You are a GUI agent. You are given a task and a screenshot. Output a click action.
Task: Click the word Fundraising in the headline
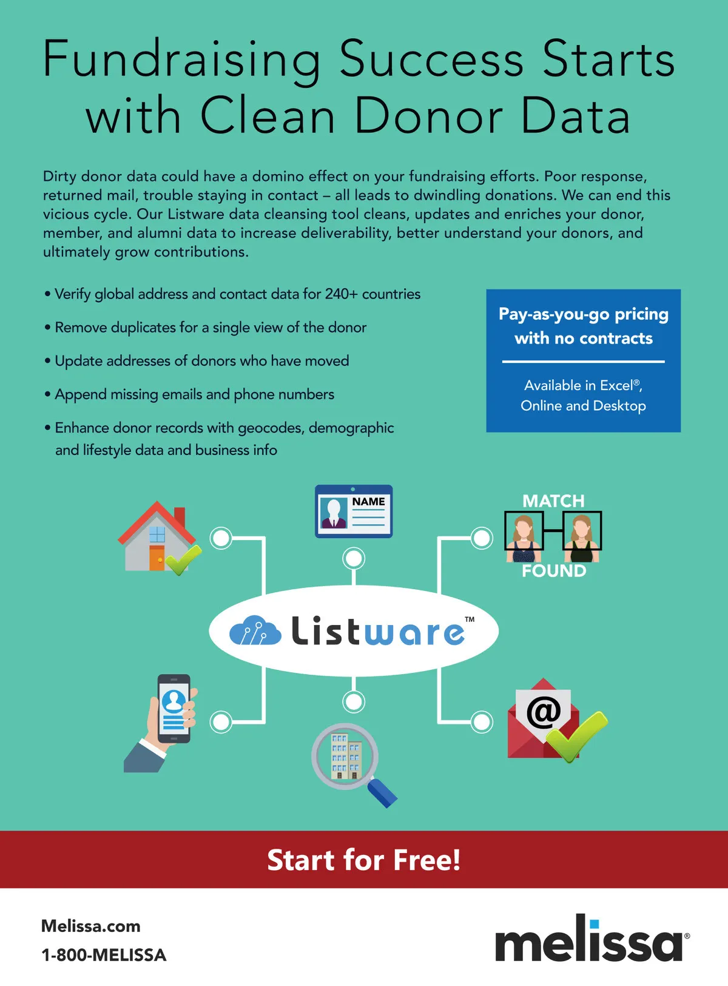click(x=181, y=59)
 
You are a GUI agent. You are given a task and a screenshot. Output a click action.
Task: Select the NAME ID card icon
click(x=354, y=511)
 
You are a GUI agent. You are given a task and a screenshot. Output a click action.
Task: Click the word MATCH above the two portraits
click(x=553, y=501)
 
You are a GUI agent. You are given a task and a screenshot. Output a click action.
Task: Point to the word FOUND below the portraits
click(x=554, y=571)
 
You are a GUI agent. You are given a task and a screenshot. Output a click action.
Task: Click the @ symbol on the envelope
click(x=543, y=711)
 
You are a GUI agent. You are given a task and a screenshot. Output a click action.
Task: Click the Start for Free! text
click(x=364, y=860)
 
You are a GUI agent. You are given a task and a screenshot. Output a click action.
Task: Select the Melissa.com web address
click(x=91, y=926)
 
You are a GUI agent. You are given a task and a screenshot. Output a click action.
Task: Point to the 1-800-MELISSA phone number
click(x=104, y=955)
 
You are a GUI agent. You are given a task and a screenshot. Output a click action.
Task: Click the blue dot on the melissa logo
click(x=595, y=924)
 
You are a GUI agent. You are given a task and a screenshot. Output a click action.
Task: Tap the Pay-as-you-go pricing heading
click(x=584, y=314)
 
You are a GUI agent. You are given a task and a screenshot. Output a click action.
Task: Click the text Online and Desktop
click(x=583, y=405)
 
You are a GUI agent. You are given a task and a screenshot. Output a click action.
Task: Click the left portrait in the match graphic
click(x=524, y=530)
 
